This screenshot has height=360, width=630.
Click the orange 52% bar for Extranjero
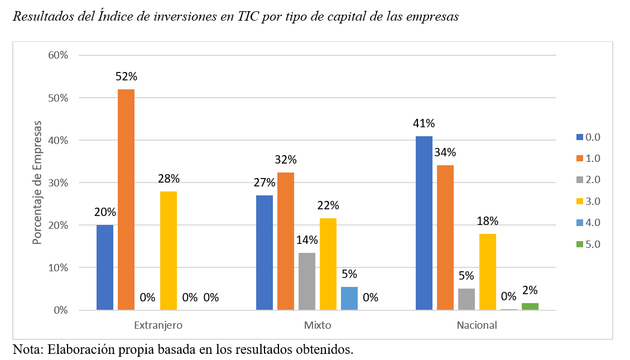click(x=126, y=199)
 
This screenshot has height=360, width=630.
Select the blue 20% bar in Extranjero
click(x=105, y=267)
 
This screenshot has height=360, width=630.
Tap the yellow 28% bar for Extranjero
click(x=169, y=251)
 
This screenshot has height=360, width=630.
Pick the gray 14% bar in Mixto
click(x=307, y=281)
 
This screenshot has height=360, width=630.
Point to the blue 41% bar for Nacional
click(x=424, y=223)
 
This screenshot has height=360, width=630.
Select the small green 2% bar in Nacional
click(x=530, y=306)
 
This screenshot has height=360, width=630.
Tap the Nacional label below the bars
click(x=477, y=325)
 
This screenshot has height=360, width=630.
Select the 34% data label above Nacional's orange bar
click(x=445, y=152)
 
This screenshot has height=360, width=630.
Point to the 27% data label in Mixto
click(x=264, y=183)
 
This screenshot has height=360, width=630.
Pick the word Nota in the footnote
click(x=26, y=350)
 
